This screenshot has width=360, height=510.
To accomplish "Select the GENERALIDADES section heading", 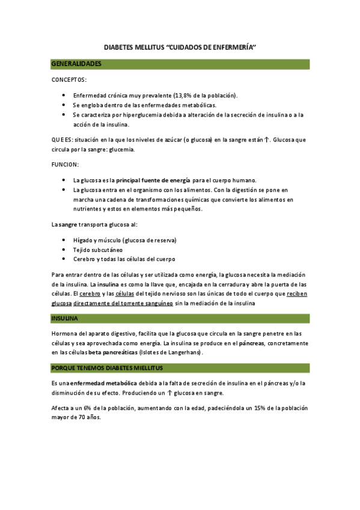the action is pos(76,64).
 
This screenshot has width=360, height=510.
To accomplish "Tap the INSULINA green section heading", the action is pos(65,318).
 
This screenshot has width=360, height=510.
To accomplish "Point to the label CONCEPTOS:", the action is pos(69,79).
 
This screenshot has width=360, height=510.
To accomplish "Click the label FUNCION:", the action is pos(64,164).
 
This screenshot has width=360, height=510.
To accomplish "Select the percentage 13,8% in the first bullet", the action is pos(185,96).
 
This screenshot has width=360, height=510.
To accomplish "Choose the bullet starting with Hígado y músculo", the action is pos(124,240).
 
